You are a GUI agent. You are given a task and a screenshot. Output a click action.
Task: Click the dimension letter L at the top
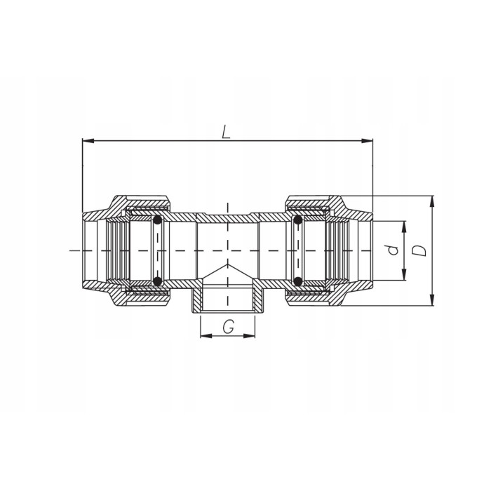[226, 132]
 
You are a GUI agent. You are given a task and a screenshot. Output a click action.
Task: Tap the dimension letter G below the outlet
[228, 328]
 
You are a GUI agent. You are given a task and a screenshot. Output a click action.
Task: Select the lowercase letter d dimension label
[393, 250]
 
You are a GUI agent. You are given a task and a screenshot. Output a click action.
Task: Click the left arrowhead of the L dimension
[88, 140]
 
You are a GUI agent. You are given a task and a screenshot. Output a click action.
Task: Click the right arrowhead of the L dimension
[367, 140]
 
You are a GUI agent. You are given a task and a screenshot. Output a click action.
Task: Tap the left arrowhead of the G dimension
[206, 336]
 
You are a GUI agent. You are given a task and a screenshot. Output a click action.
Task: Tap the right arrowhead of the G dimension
[249, 336]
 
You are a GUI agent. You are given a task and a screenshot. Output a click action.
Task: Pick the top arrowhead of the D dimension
[433, 202]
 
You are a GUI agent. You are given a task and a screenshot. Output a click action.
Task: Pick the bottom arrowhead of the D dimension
[433, 300]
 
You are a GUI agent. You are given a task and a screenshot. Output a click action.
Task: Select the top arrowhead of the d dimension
[404, 227]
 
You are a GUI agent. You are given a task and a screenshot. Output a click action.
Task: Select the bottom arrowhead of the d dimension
[404, 274]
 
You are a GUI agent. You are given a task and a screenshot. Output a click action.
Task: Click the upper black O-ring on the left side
[158, 220]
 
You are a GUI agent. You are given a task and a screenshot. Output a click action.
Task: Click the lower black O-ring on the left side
[158, 281]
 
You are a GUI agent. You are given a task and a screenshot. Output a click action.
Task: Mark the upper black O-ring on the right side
[298, 220]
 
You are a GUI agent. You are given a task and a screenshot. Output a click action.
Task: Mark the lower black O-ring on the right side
[298, 281]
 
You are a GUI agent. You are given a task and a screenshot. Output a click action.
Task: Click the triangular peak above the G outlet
[228, 264]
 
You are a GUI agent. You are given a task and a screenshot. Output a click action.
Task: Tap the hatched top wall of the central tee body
[228, 217]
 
